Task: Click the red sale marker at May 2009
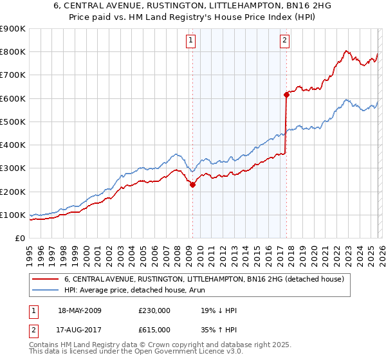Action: [x=192, y=184]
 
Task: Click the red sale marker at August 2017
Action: [x=286, y=94]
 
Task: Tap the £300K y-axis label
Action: [x=13, y=168]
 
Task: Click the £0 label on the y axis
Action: [x=20, y=239]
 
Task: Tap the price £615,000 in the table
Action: [x=154, y=329]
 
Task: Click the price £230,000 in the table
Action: [x=154, y=310]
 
